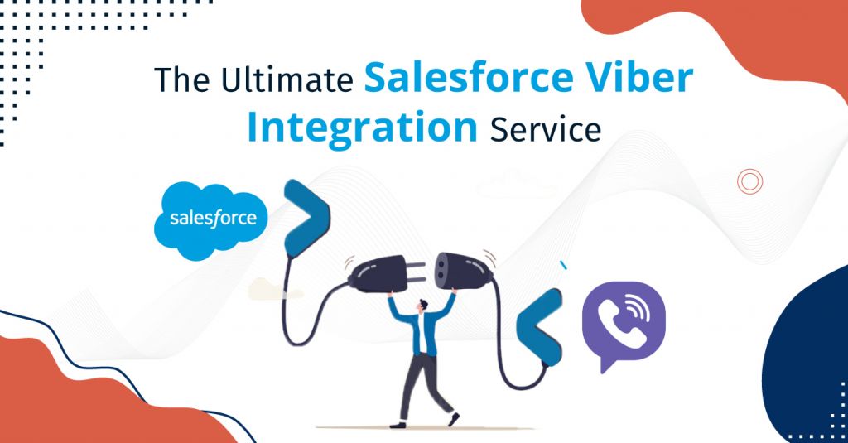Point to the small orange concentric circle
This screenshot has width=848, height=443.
click(749, 181)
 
